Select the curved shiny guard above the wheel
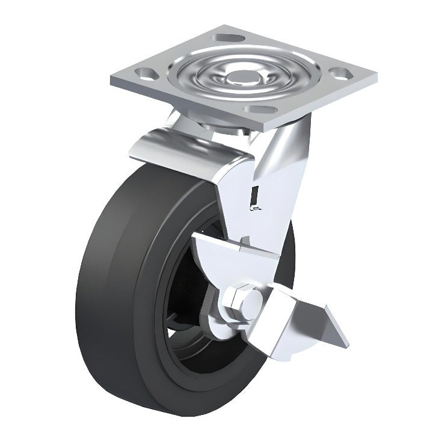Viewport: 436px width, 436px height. [x=180, y=147]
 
